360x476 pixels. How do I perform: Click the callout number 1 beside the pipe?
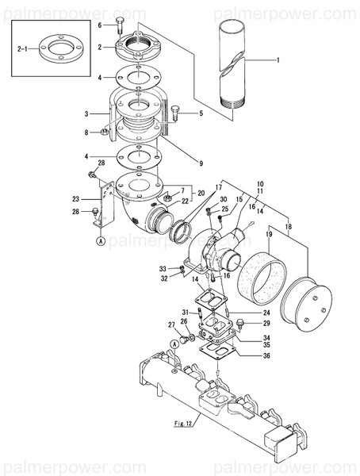pyautogui.click(x=278, y=60)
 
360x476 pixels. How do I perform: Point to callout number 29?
pyautogui.click(x=267, y=323)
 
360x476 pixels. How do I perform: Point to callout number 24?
pyautogui.click(x=267, y=313)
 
